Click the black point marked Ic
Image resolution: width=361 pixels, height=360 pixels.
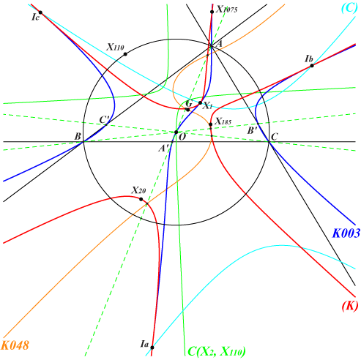[40, 12]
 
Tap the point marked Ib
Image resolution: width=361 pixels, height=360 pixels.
[312, 65]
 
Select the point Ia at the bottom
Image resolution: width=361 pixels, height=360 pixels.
[152, 348]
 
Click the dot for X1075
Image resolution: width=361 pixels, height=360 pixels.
[212, 12]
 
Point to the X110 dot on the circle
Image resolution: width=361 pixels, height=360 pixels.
[125, 54]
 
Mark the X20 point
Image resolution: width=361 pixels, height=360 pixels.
[141, 199]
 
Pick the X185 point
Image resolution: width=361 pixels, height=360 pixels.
[211, 124]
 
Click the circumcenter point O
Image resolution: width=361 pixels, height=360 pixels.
[176, 132]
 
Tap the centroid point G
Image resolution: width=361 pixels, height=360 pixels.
[187, 110]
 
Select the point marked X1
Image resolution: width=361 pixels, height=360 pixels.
[200, 102]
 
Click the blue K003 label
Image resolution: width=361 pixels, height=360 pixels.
[346, 233]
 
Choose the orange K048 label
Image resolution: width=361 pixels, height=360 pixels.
[15, 345]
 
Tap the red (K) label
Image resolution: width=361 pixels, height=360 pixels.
[350, 305]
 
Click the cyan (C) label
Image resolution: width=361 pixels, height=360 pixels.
[349, 8]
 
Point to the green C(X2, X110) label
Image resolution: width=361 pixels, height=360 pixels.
[217, 352]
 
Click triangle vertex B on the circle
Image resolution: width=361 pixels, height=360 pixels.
[83, 142]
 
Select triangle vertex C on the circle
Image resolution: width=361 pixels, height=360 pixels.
[269, 141]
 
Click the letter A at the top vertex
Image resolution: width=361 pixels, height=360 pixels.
[219, 44]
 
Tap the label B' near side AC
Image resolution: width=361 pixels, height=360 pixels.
[252, 131]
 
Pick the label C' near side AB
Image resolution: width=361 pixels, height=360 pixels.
[105, 120]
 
